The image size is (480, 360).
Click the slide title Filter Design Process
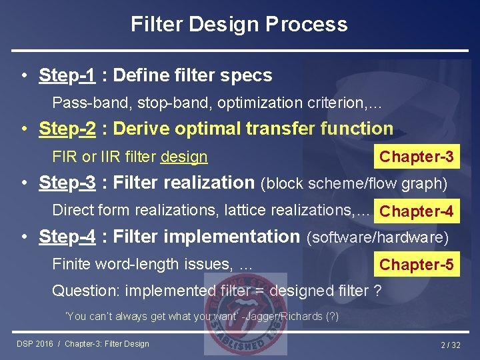tap(239, 25)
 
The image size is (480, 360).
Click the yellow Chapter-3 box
tap(417, 157)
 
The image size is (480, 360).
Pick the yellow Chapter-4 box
tap(417, 211)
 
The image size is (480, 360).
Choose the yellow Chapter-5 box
tap(417, 265)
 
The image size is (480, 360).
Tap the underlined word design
tap(184, 157)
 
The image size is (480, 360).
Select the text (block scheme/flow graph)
tap(354, 183)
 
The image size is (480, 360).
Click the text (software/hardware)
tap(377, 237)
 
